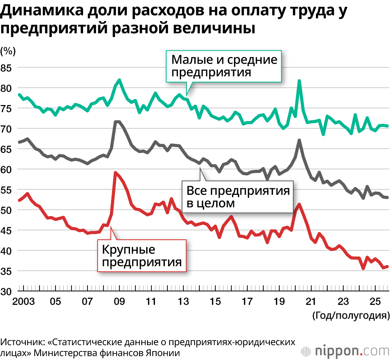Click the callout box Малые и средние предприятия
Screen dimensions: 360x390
coord(224,66)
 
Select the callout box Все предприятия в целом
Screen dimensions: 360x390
coord(238,197)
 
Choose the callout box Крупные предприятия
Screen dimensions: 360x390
coord(142,255)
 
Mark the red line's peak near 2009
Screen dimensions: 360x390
coord(115,172)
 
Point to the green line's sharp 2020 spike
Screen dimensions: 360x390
coord(299,81)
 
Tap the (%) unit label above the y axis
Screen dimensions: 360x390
coord(8,50)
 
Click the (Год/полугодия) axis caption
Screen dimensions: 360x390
coord(351,315)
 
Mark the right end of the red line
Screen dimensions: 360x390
coord(387,267)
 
